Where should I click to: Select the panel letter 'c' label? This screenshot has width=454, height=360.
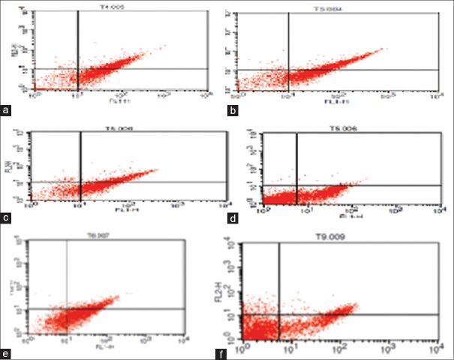tap(8, 219)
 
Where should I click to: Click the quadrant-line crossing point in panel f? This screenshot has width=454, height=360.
tap(279, 314)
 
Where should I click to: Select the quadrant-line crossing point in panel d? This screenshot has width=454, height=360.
tap(297, 185)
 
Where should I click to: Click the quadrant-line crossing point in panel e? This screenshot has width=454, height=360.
tap(68, 309)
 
